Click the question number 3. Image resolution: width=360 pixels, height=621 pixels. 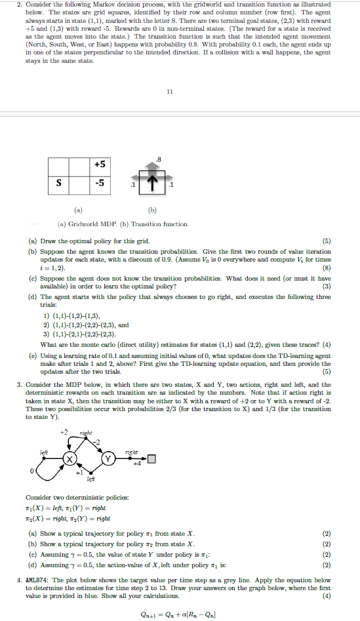pos(19,365)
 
